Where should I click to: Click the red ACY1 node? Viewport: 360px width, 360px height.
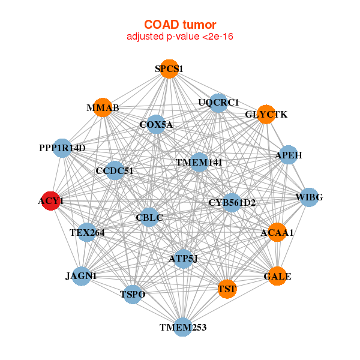point(51,201)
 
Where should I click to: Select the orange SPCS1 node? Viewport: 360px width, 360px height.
point(169,69)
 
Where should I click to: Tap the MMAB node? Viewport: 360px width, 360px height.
point(103,107)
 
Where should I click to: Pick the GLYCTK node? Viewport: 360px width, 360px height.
point(266,115)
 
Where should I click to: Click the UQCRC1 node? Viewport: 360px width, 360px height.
point(218,103)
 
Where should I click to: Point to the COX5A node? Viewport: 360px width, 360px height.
point(156,124)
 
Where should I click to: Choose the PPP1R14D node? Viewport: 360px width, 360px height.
point(62,148)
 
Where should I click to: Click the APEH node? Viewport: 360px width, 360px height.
point(289,155)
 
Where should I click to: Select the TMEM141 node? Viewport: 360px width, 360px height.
point(199,162)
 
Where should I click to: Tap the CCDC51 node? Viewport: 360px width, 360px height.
point(115,170)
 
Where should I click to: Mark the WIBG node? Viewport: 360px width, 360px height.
point(309,197)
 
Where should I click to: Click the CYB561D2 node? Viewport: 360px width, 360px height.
point(232,203)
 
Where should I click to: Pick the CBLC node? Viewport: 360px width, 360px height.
point(149,217)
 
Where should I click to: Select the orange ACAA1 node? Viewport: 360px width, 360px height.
point(277,232)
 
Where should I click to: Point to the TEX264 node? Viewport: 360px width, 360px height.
point(87,232)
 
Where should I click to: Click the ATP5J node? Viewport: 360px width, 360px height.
point(183,259)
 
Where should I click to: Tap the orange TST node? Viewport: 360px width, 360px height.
point(227,289)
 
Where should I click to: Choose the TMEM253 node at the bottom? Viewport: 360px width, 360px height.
point(183,327)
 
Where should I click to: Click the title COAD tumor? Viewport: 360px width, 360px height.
point(180,25)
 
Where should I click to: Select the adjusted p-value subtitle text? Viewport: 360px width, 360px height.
point(180,37)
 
